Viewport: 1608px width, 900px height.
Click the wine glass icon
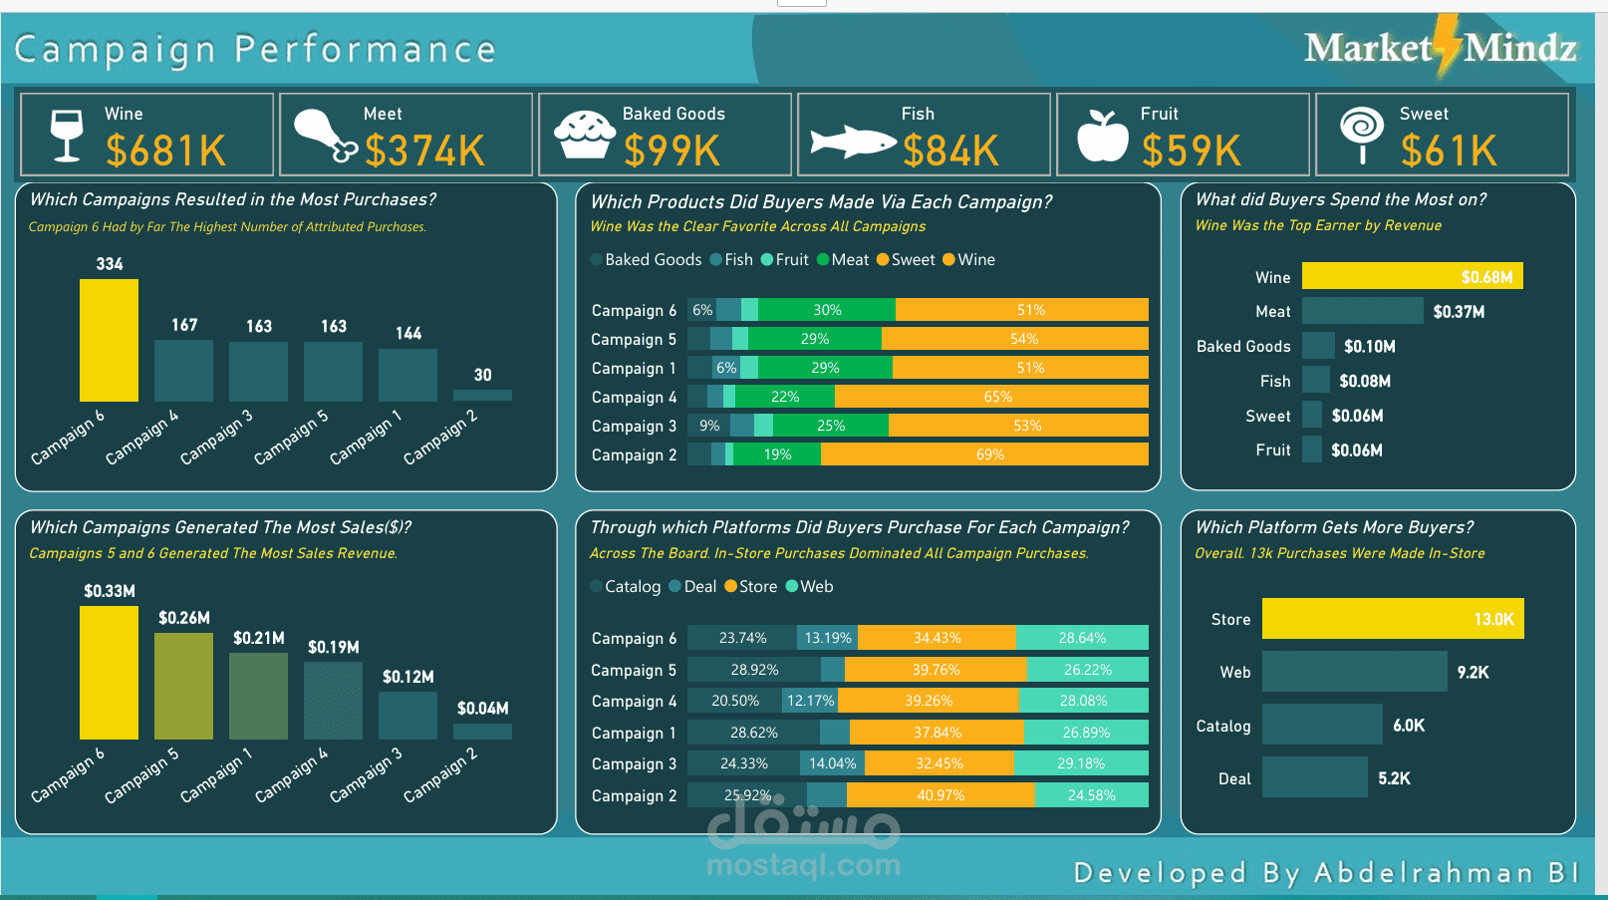67,135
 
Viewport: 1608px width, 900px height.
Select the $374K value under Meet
425,150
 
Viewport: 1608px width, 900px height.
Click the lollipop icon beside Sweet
1362,135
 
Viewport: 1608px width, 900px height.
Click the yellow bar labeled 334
110,340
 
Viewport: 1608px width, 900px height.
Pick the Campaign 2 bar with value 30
482,395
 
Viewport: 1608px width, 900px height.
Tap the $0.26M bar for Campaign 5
183,686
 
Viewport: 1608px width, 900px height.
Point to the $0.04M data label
483,709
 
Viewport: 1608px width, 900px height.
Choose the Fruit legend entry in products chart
785,259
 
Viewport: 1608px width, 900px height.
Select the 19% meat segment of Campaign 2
777,453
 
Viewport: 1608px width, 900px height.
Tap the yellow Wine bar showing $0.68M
1412,276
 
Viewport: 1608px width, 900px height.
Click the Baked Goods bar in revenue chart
1318,346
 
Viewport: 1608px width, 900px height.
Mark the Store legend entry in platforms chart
751,586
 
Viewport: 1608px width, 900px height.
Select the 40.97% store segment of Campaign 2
940,795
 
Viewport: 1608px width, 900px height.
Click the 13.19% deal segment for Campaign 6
827,638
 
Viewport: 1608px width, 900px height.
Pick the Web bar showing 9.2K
1355,672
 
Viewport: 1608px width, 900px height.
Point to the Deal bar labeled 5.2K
1314,777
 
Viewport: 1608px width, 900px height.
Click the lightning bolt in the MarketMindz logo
1448,45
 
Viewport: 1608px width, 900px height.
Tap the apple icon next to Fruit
1103,135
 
